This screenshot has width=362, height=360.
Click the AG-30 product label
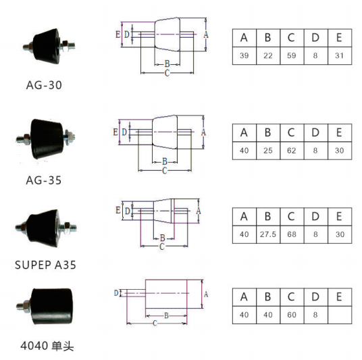44,85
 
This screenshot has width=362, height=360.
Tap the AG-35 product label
44,180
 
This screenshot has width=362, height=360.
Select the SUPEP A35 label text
45,265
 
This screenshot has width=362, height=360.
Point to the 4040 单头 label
47,346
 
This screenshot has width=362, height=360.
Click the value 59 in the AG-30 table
292,55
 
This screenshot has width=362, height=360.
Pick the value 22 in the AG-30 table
268,55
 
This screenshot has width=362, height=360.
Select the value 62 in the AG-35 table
292,151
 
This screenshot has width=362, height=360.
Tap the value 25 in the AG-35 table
268,151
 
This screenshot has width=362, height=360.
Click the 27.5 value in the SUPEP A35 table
268,234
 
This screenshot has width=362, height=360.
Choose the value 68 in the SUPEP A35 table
292,234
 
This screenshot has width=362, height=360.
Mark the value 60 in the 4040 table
292,315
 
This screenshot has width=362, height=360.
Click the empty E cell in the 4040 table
340,315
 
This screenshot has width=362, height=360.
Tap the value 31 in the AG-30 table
339,55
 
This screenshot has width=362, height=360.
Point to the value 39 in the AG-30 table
244,55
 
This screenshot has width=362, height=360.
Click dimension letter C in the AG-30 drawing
167,73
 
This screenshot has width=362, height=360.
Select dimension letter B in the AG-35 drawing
165,161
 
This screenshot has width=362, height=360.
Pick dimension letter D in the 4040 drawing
116,293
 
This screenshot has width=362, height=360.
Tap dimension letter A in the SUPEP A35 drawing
199,211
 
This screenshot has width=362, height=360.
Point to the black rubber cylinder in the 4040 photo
52,306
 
